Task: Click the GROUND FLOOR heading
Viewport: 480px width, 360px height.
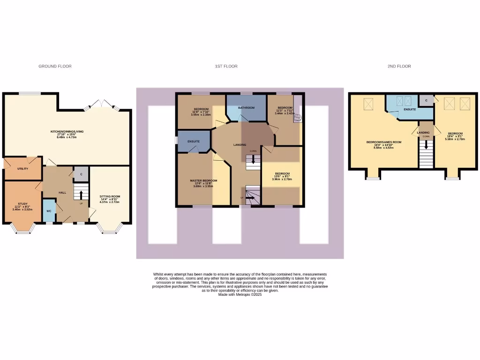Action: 55,67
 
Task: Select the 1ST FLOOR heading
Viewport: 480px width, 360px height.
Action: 226,67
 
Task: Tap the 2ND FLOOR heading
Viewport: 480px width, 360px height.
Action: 399,67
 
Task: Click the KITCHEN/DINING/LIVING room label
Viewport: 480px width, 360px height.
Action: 67,132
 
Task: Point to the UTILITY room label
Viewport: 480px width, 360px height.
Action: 23,169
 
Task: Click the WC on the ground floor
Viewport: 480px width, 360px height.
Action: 48,211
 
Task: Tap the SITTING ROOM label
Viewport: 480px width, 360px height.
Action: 110,197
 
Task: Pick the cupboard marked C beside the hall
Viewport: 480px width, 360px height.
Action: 81,174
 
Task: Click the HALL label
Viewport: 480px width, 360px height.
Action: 62,193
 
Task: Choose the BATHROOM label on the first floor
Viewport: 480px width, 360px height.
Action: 246,108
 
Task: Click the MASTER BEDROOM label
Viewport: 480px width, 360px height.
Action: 203,180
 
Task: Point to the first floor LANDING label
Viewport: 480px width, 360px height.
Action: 240,145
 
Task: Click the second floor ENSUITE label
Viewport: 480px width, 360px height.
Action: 409,110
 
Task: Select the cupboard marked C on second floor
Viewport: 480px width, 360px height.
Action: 426,100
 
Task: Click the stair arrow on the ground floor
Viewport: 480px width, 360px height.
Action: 81,195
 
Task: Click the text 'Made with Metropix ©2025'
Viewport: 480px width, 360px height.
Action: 240,294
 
